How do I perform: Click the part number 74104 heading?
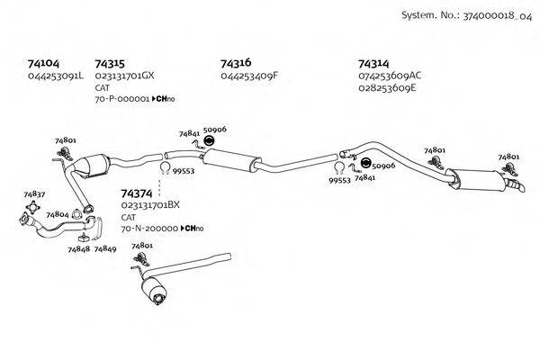pyautogui.click(x=44, y=64)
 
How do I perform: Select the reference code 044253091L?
pyautogui.click(x=56, y=76)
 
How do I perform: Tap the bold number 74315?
pyautogui.click(x=109, y=64)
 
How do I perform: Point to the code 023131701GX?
pyautogui.click(x=124, y=76)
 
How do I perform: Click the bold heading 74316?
pyautogui.click(x=235, y=64)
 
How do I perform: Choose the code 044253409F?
pyautogui.click(x=249, y=76)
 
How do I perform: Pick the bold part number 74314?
pyautogui.click(x=373, y=64)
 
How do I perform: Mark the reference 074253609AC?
pyautogui.click(x=390, y=76)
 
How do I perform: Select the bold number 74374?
pyautogui.click(x=136, y=193)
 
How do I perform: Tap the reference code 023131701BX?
pyautogui.click(x=150, y=205)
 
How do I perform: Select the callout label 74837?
pyautogui.click(x=34, y=193)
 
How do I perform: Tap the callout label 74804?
pyautogui.click(x=58, y=215)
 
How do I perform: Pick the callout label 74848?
pyautogui.click(x=78, y=248)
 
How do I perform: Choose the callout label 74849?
pyautogui.click(x=105, y=248)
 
